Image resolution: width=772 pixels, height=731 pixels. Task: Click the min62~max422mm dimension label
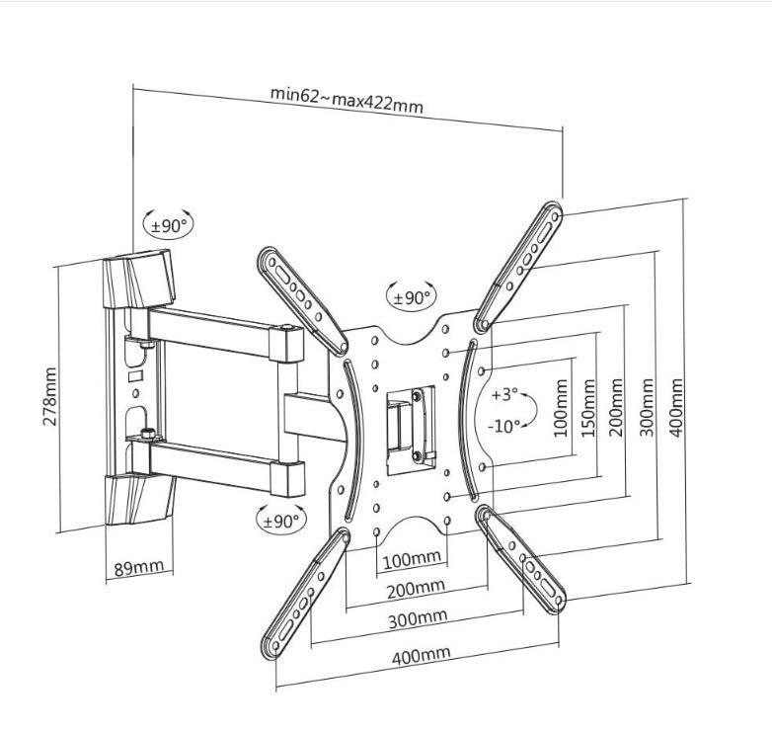[347, 101]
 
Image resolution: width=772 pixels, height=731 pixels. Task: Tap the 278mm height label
[50, 395]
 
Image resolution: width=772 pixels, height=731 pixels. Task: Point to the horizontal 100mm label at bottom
[411, 560]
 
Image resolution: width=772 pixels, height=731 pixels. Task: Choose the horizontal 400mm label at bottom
[422, 653]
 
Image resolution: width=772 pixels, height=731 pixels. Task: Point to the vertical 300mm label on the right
[649, 407]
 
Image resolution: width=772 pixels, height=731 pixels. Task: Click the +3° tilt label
[504, 395]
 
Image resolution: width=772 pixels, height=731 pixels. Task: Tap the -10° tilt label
[504, 427]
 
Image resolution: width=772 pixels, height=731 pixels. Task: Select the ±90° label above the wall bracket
[168, 225]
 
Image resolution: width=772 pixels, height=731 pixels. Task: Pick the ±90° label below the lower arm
[281, 520]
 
